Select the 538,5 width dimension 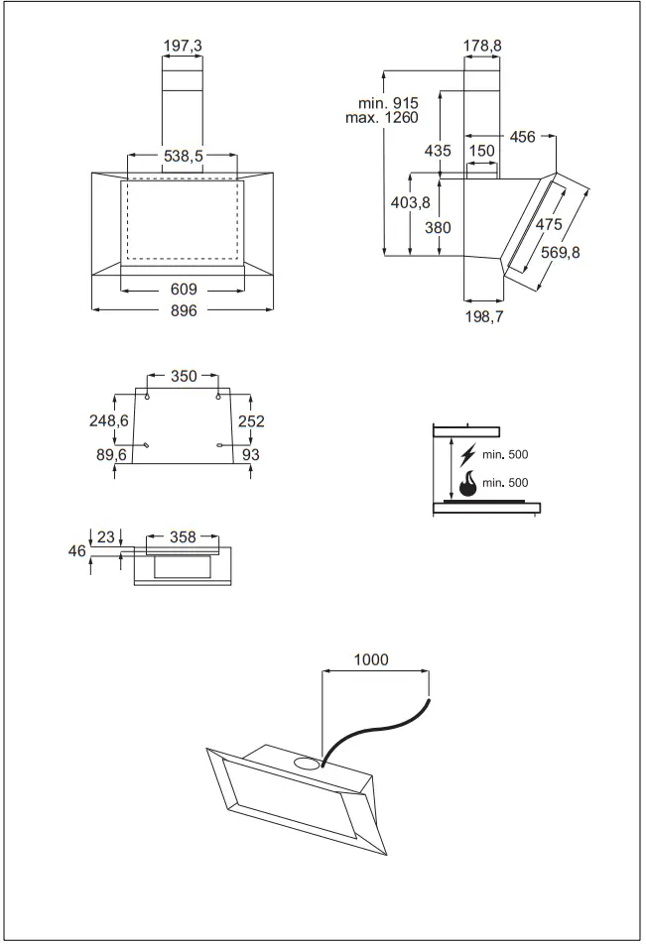point(183,157)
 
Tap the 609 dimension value point(183,291)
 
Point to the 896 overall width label point(183,310)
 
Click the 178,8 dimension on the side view point(482,45)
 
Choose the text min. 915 point(390,103)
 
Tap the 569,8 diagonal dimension point(561,253)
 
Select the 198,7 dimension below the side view point(483,317)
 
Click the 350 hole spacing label point(184,376)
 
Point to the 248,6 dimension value point(110,420)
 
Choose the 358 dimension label point(182,536)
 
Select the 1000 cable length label point(371,659)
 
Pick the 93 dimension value point(251,453)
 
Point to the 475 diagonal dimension point(549,225)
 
